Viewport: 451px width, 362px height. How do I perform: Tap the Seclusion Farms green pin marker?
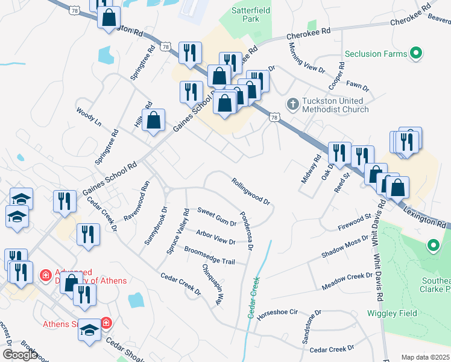pyautogui.click(x=415, y=54)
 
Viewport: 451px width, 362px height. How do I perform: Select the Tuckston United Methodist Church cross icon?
pyautogui.click(x=292, y=104)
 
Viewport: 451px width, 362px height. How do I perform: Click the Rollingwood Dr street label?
pyautogui.click(x=250, y=189)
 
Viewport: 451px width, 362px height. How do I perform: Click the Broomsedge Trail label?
pyautogui.click(x=209, y=255)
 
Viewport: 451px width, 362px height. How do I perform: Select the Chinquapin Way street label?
pyautogui.click(x=213, y=283)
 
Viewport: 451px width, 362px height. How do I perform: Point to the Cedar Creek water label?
pyautogui.click(x=253, y=298)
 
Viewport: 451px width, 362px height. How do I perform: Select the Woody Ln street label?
pyautogui.click(x=89, y=118)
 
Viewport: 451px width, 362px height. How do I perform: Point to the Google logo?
pyautogui.click(x=20, y=355)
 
